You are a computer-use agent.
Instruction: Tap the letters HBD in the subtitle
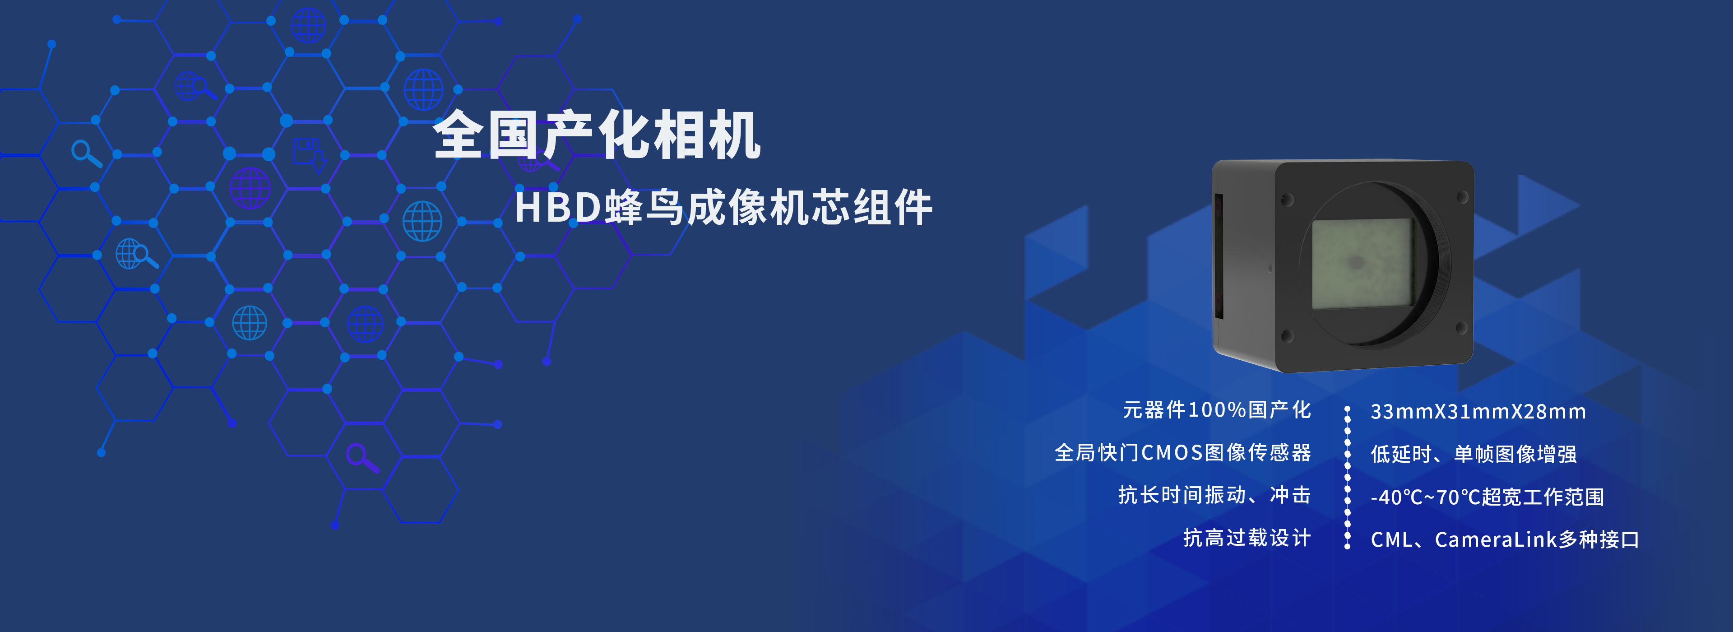558,207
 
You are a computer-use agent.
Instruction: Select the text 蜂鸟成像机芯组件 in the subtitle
768,207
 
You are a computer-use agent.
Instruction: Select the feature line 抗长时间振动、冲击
1214,495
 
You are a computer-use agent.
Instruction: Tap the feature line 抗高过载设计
1247,538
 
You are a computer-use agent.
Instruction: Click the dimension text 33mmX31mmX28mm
1478,412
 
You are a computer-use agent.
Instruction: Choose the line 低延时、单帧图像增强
1474,454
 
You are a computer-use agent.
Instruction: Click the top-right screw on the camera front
1462,198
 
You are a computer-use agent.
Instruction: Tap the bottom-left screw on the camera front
1287,335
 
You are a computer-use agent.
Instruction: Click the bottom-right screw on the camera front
1461,328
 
